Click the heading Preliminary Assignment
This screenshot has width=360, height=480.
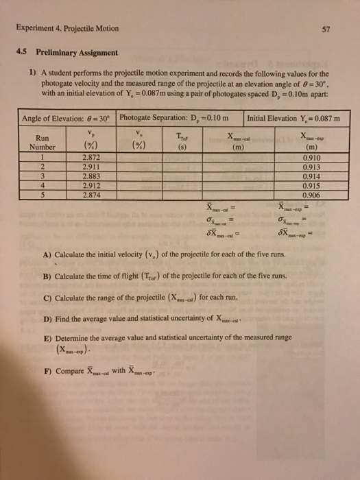(x=76, y=52)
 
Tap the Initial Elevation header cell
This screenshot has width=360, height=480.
(x=296, y=117)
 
